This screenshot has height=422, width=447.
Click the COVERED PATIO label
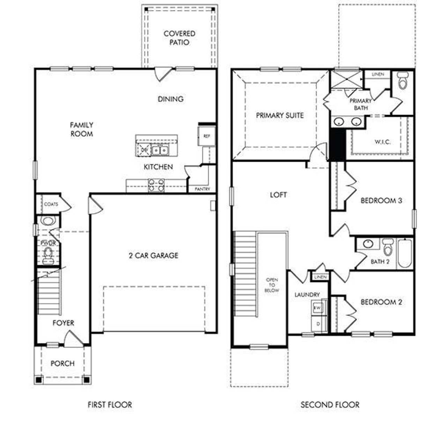tap(179, 38)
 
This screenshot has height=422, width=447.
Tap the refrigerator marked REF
tap(207, 136)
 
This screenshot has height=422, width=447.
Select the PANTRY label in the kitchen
tap(203, 189)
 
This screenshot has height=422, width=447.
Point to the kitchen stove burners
tap(156, 185)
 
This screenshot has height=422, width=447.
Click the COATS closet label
tap(51, 204)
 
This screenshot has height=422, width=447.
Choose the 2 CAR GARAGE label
tap(153, 256)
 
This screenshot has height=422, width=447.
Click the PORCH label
tap(63, 363)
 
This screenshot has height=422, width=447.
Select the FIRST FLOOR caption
tap(110, 405)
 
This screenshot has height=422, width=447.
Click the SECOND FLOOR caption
tap(330, 405)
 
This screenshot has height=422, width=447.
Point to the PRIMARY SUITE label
tap(280, 115)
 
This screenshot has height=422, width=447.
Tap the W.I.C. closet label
tap(383, 142)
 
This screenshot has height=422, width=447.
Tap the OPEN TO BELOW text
tap(272, 285)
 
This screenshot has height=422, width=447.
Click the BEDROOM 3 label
tap(381, 201)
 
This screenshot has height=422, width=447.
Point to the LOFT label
tap(278, 195)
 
